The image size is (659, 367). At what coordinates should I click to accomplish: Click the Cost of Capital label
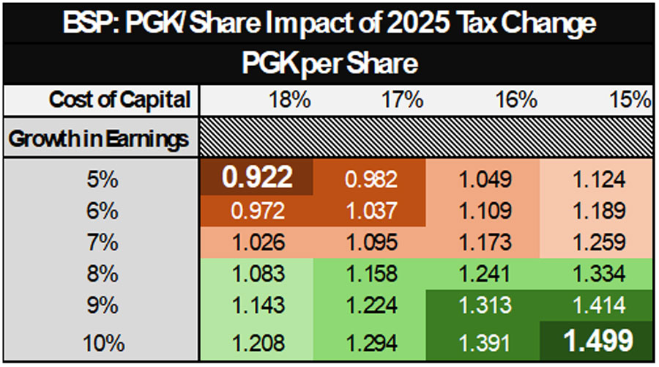click(120, 100)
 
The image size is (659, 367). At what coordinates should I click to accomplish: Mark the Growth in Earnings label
click(99, 138)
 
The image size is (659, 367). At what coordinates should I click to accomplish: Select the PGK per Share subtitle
click(330, 64)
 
